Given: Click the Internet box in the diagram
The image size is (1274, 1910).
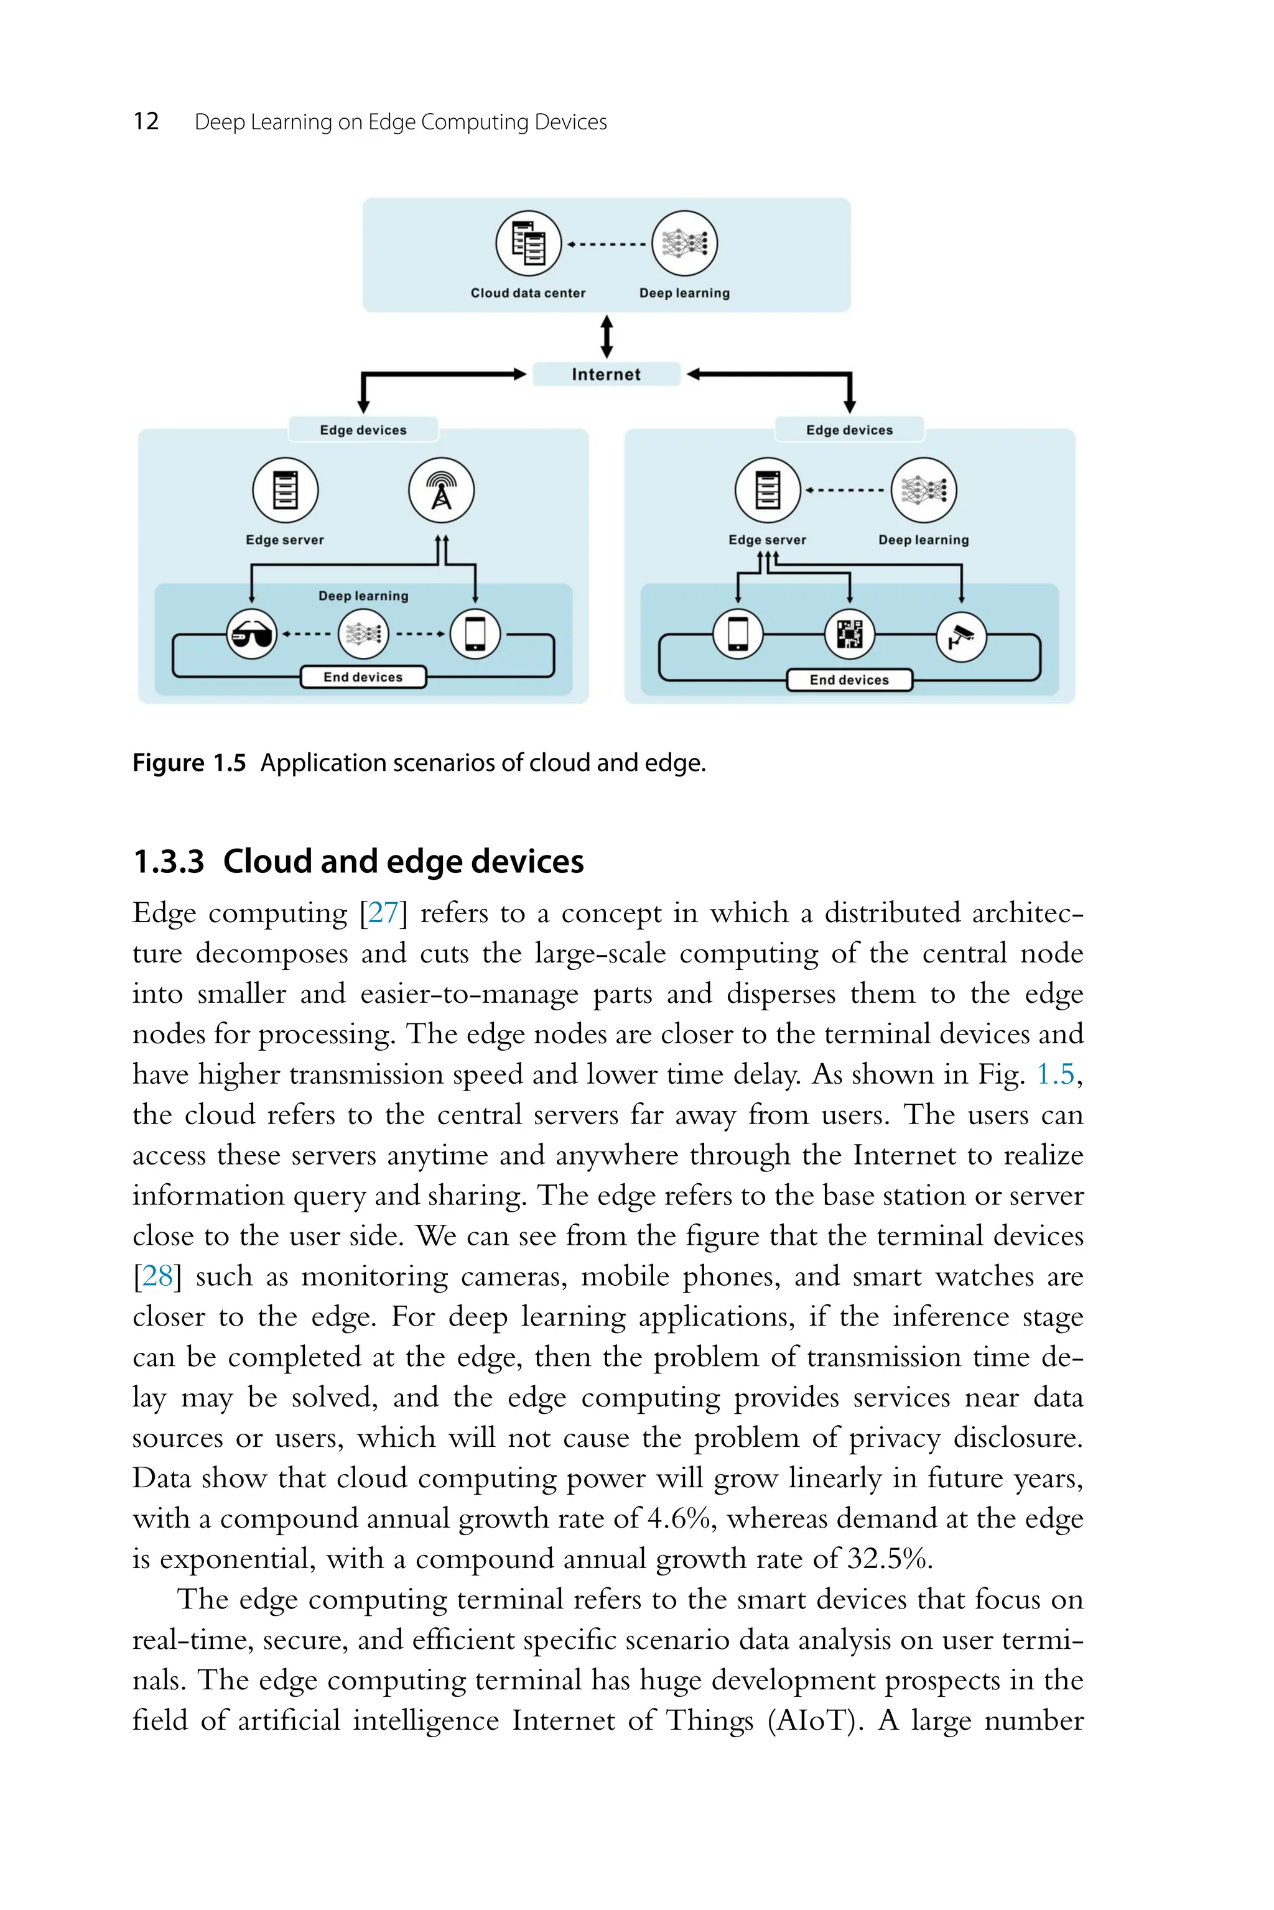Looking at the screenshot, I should (x=606, y=374).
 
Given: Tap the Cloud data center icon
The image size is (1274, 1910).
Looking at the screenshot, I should (x=529, y=243).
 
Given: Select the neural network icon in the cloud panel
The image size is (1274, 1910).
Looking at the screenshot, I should (x=684, y=243).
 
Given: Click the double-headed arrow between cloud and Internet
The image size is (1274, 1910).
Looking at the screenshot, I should (x=606, y=337).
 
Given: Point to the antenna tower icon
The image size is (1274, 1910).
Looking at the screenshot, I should (x=441, y=491).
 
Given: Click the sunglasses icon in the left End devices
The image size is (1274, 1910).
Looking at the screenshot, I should (x=252, y=634).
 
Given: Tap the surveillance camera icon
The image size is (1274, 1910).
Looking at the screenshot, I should (x=961, y=637).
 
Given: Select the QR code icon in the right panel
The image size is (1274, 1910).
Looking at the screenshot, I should (x=850, y=634).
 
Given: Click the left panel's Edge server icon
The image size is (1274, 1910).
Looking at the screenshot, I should (x=285, y=491).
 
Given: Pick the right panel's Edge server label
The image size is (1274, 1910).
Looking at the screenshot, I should (x=767, y=540).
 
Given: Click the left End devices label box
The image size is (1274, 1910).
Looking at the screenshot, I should (x=363, y=677).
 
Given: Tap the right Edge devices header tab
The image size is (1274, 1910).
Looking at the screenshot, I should (x=849, y=430).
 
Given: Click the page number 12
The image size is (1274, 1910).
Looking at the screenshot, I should (x=146, y=122).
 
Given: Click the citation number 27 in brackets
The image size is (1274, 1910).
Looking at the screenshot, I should (x=383, y=913).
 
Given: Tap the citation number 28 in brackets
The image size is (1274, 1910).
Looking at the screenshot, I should (x=157, y=1276).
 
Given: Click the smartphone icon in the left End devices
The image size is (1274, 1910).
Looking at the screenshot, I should (x=475, y=634).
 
